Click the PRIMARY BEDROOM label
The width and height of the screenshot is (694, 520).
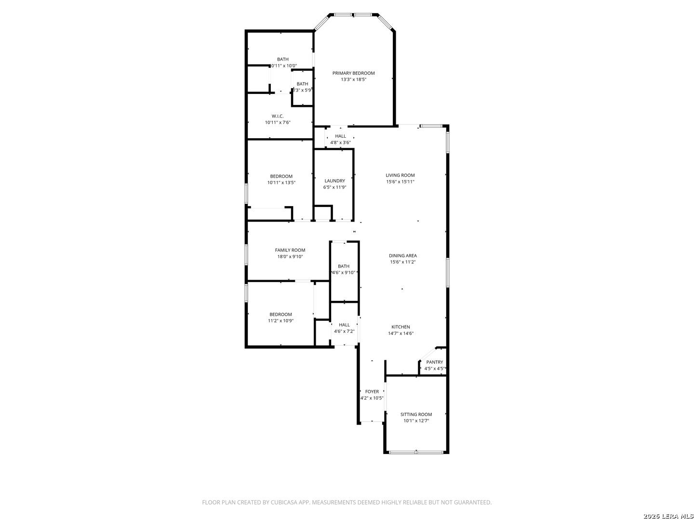(x=353, y=73)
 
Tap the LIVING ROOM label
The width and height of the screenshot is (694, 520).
(x=400, y=175)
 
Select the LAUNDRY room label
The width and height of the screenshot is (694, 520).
(x=334, y=181)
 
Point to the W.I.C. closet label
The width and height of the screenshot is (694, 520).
(x=277, y=116)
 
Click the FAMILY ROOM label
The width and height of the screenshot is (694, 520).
(x=290, y=250)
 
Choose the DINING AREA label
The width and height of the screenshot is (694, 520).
(x=403, y=256)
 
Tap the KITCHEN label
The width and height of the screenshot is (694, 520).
(x=400, y=327)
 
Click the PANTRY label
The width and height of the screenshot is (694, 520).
(x=434, y=362)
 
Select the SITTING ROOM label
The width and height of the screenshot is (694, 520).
(x=416, y=414)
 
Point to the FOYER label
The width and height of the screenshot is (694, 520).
(x=372, y=391)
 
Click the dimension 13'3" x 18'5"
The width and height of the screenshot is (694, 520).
(x=353, y=79)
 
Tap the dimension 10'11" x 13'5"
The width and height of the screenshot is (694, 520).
(x=281, y=182)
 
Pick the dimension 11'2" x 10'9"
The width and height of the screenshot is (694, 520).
(x=280, y=321)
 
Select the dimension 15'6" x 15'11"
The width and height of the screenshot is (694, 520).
(x=400, y=182)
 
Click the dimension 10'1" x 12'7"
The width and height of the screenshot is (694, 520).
(x=416, y=420)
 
